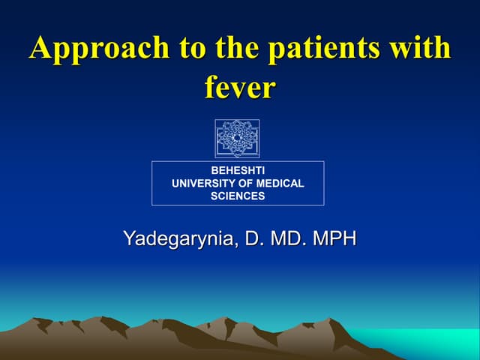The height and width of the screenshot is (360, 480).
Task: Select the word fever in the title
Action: pyautogui.click(x=240, y=88)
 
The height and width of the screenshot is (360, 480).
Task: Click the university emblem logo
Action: pyautogui.click(x=237, y=138)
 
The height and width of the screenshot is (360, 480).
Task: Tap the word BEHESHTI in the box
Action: pyautogui.click(x=238, y=171)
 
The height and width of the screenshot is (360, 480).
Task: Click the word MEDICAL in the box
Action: pyautogui.click(x=280, y=184)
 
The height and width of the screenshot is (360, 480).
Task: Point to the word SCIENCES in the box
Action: pyautogui.click(x=238, y=196)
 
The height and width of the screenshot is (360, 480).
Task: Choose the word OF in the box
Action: pyautogui.click(x=246, y=184)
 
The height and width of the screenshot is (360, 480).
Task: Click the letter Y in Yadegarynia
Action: pyautogui.click(x=129, y=239)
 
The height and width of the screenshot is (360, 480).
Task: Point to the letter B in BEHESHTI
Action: pyautogui.click(x=214, y=171)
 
